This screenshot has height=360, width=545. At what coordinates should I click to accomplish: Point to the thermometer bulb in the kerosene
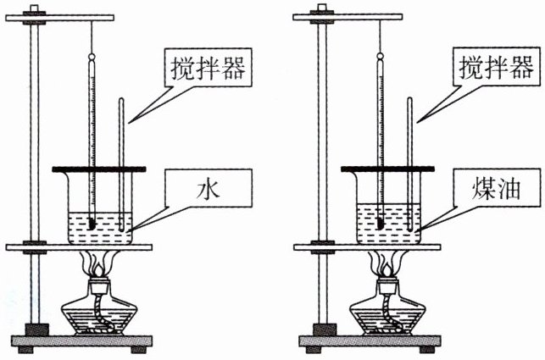coord(381,225)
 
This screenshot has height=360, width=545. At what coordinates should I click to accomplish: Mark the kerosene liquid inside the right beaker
coord(396,219)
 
